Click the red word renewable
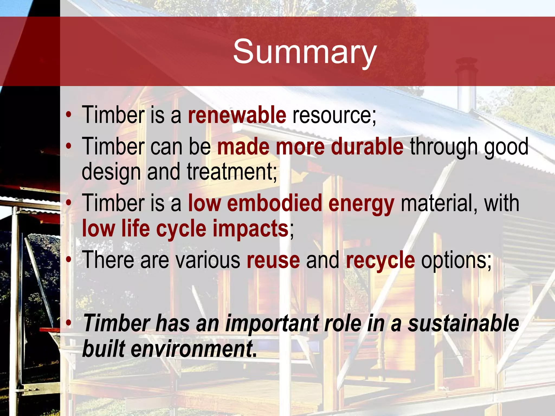coord(237,115)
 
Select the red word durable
coord(367,147)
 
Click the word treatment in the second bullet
coord(232,172)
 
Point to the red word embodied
coord(274,203)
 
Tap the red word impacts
coord(250,229)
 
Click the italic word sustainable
coord(463,323)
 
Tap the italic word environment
coord(193,349)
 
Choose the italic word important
coord(272,324)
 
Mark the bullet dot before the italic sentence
coord(69,323)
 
